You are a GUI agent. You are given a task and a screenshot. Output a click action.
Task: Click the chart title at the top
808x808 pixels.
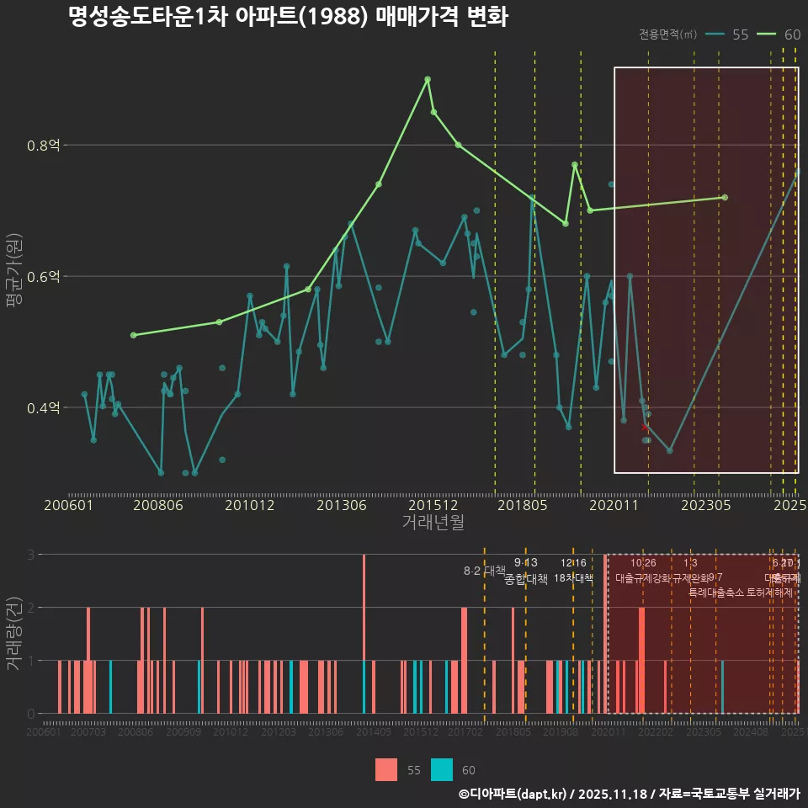pos(288,18)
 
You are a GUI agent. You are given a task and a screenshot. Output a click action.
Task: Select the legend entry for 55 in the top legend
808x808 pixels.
pos(728,35)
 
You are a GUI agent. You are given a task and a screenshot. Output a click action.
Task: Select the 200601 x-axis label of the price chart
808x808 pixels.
pos(68,505)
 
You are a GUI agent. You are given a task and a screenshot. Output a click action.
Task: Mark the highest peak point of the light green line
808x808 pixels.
pos(428,79)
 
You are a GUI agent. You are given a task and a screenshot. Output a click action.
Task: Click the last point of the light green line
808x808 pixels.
pos(725,198)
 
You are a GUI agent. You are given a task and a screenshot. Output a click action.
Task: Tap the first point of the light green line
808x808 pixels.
pos(133,335)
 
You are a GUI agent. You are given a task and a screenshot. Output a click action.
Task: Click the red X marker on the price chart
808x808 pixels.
pos(645,428)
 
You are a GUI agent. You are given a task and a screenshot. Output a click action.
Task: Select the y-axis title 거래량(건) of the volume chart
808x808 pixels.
pos(14,634)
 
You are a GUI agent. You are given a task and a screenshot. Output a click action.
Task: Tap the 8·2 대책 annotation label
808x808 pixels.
pos(484,571)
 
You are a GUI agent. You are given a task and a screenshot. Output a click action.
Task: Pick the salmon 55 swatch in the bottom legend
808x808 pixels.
pos(386,769)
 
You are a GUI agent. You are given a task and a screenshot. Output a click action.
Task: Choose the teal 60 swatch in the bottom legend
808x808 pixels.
pos(441,769)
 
